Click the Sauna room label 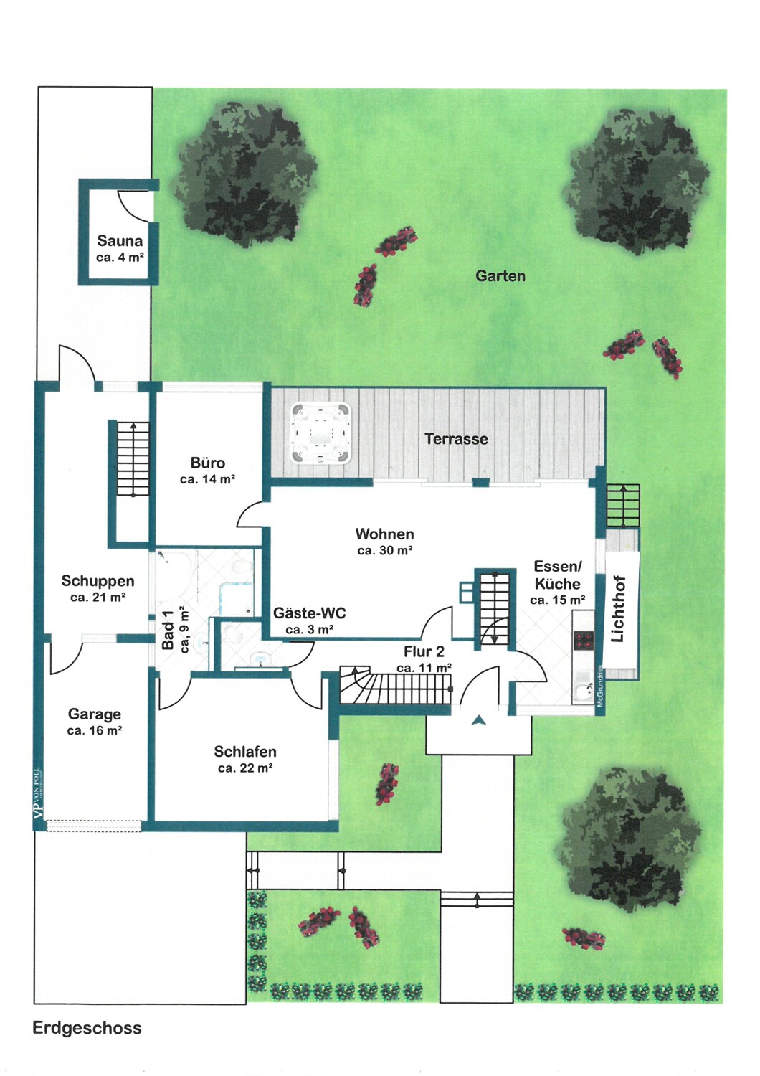click(120, 240)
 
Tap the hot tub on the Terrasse click(320, 433)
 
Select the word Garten click(500, 275)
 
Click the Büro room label click(207, 463)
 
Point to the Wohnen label click(384, 534)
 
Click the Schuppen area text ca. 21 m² click(98, 598)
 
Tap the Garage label click(95, 714)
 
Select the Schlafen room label click(245, 751)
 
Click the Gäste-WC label click(309, 613)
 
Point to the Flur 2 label click(424, 651)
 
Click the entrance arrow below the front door click(479, 720)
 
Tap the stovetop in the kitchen click(584, 639)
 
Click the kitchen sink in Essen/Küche click(584, 694)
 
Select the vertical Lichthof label click(618, 608)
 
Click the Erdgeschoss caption click(87, 1027)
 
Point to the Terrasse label click(456, 438)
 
